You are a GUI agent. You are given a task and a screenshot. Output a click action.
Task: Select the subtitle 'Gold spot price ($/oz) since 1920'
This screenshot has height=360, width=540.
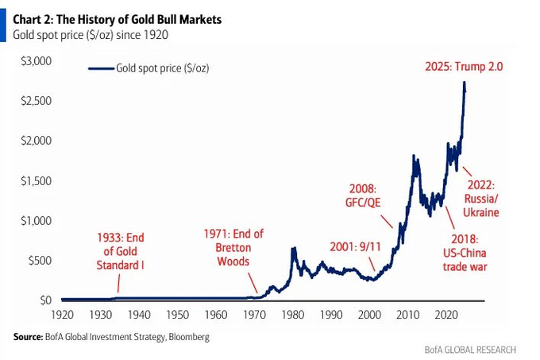click(x=91, y=35)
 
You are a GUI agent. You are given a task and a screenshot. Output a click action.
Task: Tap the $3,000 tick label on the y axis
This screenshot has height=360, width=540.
click(x=36, y=61)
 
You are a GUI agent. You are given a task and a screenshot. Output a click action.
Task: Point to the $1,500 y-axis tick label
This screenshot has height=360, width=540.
click(x=36, y=180)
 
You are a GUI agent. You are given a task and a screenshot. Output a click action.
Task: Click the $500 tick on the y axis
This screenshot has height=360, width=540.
click(x=40, y=260)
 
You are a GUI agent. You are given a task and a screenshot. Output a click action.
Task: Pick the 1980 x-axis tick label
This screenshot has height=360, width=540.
click(x=294, y=315)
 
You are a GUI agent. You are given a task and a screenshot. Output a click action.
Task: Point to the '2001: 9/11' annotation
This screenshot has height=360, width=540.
click(x=355, y=246)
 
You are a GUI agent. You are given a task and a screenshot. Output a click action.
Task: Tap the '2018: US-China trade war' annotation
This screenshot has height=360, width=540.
click(x=465, y=253)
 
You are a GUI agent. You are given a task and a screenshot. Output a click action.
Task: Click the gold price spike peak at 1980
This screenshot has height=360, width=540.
click(x=293, y=249)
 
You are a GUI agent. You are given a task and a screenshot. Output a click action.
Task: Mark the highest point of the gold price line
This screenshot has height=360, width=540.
click(x=464, y=83)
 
